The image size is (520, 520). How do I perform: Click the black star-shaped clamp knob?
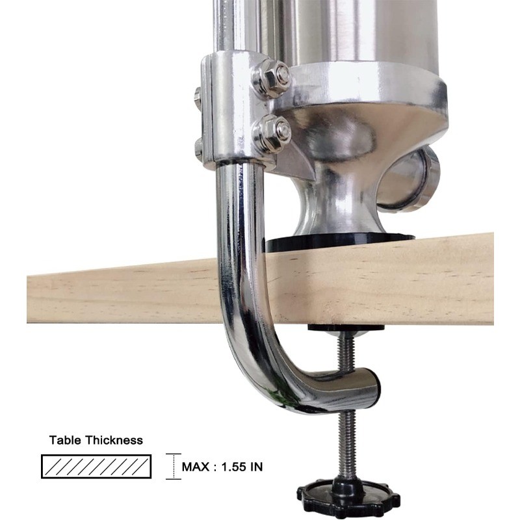point(348,497)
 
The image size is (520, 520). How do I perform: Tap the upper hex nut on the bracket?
point(272,78)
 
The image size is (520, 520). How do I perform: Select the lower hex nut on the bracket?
point(272,134)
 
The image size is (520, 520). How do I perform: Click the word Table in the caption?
point(65,440)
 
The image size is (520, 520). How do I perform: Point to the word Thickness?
point(114,440)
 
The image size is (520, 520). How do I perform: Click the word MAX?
point(196,467)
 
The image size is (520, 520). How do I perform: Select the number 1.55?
point(233,467)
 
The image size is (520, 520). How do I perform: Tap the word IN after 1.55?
point(256,467)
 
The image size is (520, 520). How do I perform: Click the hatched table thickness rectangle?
point(96,466)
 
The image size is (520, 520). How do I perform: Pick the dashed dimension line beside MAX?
point(174,466)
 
